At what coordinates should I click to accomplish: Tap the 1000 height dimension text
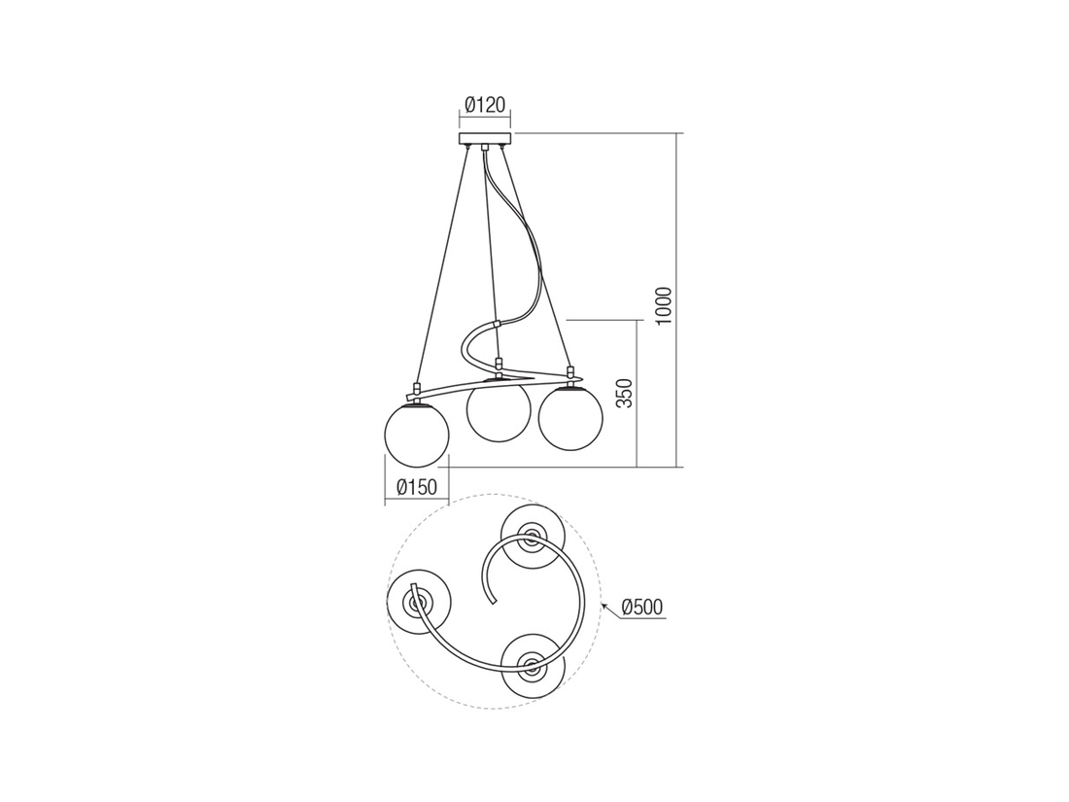[x=663, y=307]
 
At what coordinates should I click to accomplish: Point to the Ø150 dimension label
[x=417, y=487]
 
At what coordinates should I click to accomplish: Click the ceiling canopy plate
[x=485, y=139]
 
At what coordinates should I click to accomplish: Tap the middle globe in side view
[x=499, y=413]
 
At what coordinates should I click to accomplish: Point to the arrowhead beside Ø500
[x=606, y=607]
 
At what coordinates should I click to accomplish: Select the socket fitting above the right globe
[x=570, y=374]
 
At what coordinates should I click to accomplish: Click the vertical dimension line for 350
[x=638, y=393]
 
